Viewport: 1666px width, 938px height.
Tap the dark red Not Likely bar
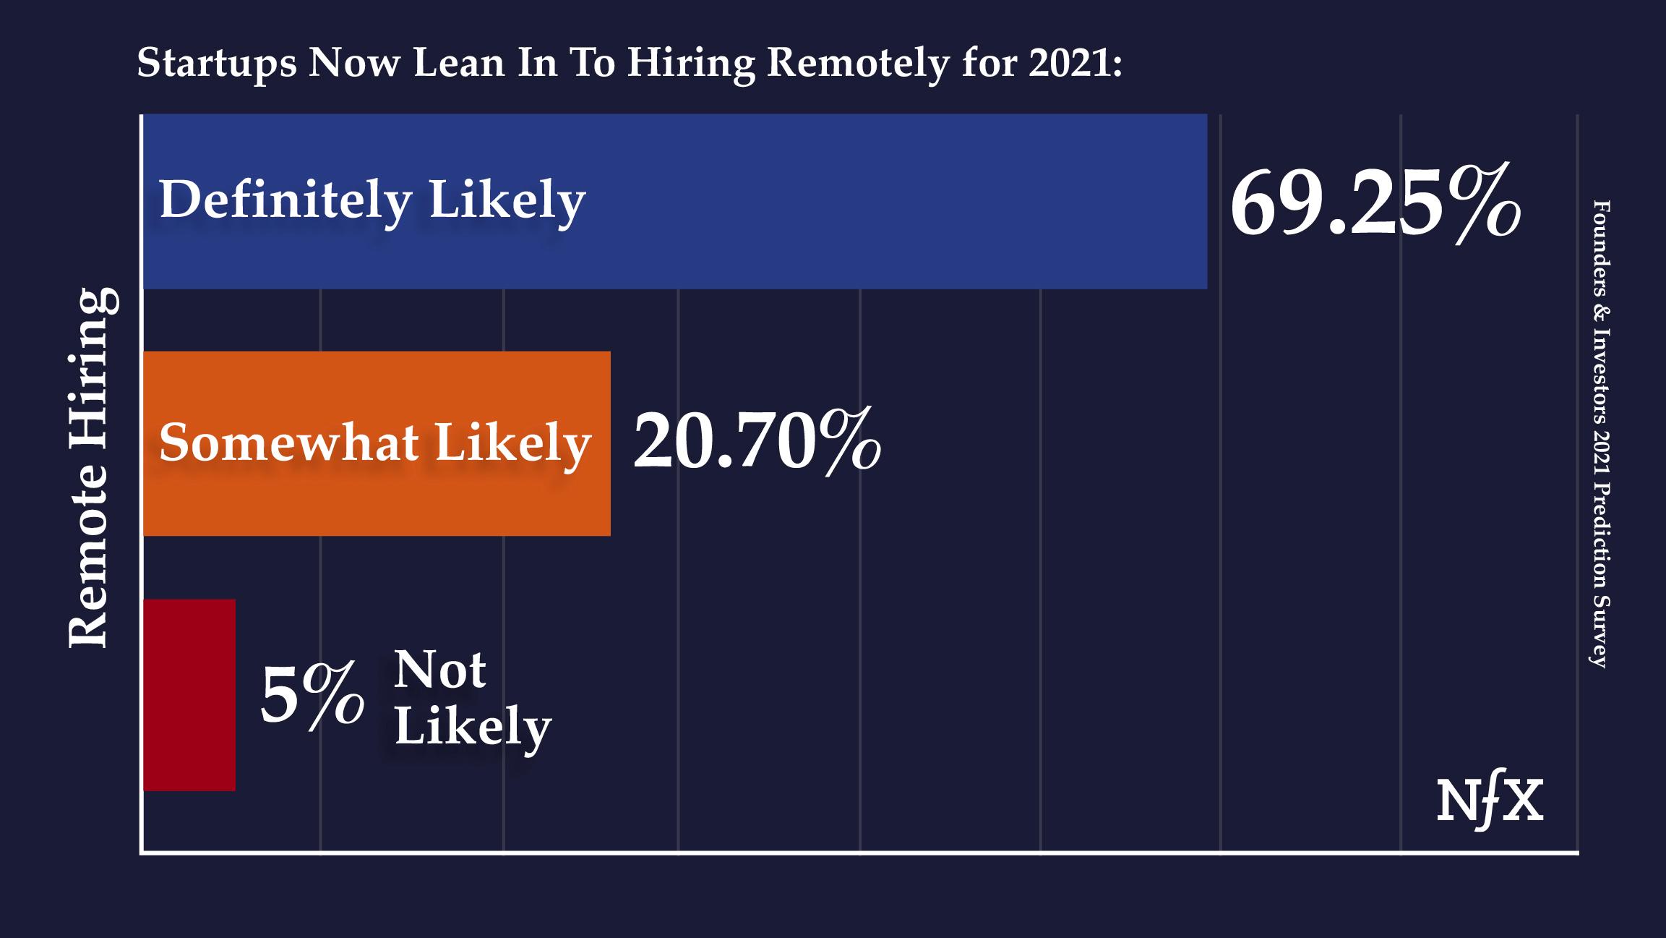point(189,694)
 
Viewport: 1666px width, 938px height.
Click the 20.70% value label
point(756,440)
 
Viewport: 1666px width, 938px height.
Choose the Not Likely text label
point(471,698)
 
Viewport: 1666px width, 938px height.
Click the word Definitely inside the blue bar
point(285,200)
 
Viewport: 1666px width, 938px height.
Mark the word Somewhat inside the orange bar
point(288,443)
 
